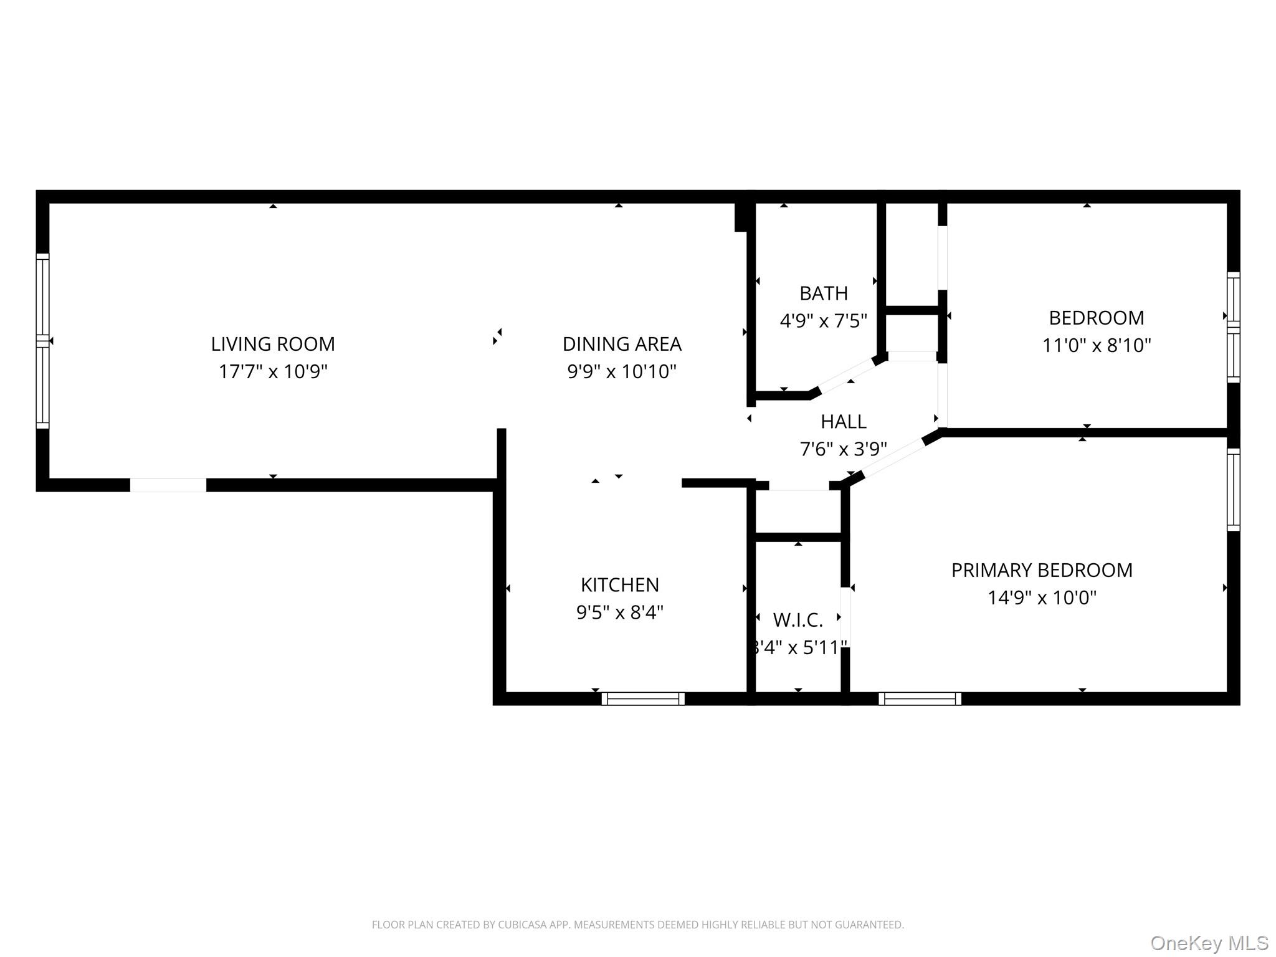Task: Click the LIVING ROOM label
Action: [273, 344]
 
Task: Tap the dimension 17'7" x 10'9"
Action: [273, 372]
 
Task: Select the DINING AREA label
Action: [622, 344]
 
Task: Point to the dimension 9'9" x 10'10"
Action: [622, 372]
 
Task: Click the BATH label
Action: [824, 293]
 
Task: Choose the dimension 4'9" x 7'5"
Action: [824, 321]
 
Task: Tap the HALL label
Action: [844, 422]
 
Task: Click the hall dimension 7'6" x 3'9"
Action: [844, 449]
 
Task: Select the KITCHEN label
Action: [620, 585]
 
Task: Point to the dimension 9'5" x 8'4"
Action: [620, 612]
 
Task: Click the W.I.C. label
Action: [798, 620]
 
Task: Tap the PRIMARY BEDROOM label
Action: [1042, 570]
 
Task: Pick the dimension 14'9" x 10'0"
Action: [1042, 598]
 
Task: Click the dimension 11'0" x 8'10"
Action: [1097, 345]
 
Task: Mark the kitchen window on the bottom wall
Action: [643, 698]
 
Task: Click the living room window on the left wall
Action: [42, 341]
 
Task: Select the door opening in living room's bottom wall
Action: [168, 485]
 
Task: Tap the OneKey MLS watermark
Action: [1209, 943]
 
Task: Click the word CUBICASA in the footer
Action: [521, 925]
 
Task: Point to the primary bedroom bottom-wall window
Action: [920, 698]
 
